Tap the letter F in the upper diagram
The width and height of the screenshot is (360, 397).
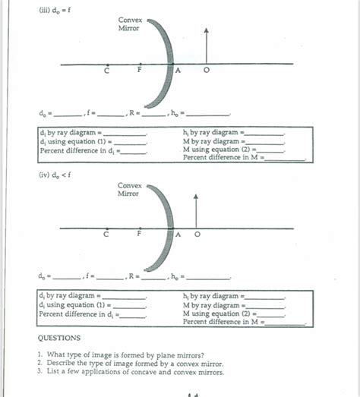(x=139, y=71)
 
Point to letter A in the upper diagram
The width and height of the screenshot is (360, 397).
(x=178, y=71)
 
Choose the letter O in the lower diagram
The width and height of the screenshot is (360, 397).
(x=197, y=235)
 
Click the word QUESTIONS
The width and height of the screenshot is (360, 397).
(x=59, y=338)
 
